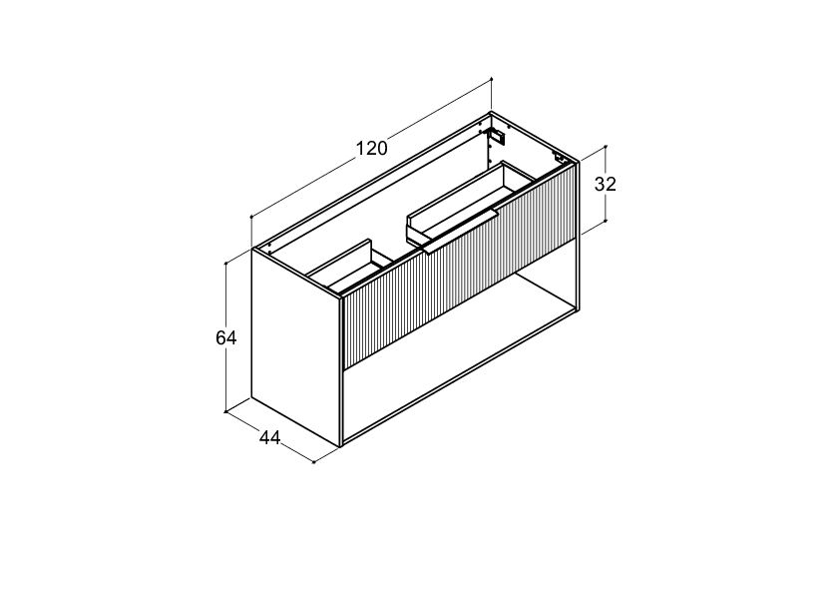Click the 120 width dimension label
click(372, 148)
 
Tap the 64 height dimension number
click(226, 337)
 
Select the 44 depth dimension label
click(270, 438)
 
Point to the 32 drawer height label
click(606, 184)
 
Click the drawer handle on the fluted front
click(461, 231)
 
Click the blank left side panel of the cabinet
click(296, 348)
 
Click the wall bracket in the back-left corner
click(496, 136)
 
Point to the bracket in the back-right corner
click(561, 158)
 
